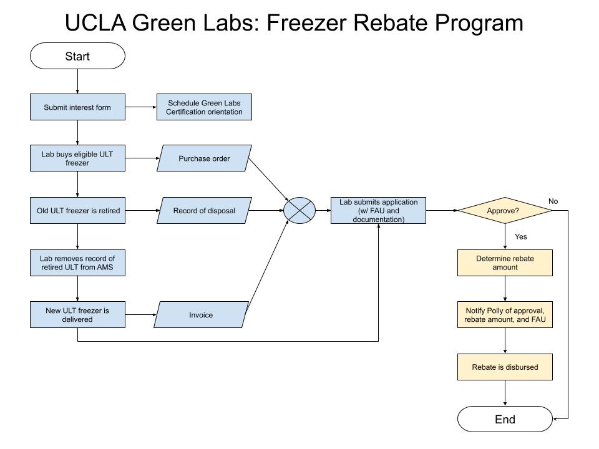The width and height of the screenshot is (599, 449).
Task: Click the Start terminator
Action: (77, 56)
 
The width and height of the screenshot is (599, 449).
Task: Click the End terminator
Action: (505, 419)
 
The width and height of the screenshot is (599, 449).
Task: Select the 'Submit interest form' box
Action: (77, 107)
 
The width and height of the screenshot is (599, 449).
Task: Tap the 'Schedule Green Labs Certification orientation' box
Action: (204, 107)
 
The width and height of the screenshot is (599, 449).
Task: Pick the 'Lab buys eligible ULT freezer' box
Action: (77, 158)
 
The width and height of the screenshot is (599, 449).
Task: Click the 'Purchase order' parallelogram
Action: (204, 158)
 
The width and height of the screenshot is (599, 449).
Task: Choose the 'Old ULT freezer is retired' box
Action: (77, 210)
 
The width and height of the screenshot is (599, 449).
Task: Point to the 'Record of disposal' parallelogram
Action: (204, 210)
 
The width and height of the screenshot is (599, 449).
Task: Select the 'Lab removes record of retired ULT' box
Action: (77, 263)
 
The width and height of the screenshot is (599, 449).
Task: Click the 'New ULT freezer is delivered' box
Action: (77, 314)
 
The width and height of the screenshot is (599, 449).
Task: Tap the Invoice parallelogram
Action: (201, 314)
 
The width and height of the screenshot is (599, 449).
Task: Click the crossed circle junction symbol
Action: (299, 210)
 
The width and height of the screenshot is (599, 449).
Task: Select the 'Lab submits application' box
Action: (378, 210)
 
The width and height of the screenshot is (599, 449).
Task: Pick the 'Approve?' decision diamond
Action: (505, 210)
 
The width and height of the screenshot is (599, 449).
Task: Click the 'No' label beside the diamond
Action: (553, 201)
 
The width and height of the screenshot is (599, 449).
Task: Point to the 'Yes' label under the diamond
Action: (520, 237)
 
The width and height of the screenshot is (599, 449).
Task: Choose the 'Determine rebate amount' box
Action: (505, 263)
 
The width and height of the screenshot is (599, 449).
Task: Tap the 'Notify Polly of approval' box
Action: (505, 314)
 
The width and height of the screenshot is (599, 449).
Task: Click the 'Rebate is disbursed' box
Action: (505, 367)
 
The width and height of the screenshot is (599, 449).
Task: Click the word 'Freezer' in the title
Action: (306, 22)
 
